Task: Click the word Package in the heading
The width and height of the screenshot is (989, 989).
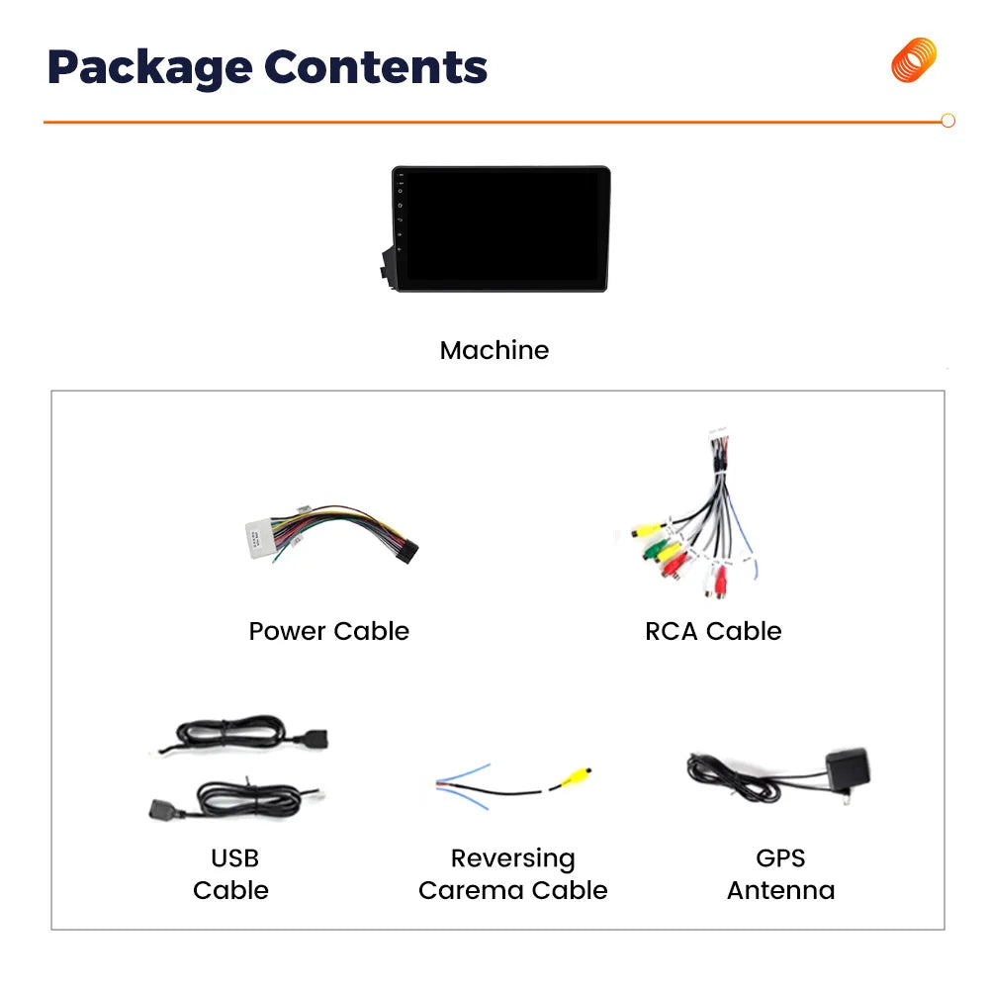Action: pyautogui.click(x=150, y=68)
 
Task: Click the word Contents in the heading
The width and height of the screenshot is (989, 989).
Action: pyautogui.click(x=376, y=66)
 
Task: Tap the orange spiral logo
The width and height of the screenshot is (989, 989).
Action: pyautogui.click(x=914, y=60)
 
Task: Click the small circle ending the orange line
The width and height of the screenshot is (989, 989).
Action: pyautogui.click(x=947, y=121)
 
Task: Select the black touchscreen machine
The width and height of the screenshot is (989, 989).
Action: pyautogui.click(x=496, y=228)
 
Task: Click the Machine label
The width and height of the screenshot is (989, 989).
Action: pyautogui.click(x=494, y=350)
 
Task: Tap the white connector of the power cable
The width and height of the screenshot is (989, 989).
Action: pyautogui.click(x=259, y=539)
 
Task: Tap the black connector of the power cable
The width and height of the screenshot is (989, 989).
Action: pyautogui.click(x=405, y=551)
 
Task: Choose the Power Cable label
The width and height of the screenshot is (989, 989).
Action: pyautogui.click(x=328, y=631)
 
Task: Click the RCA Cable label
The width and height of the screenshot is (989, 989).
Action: pyautogui.click(x=713, y=631)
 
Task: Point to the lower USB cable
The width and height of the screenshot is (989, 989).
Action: pyautogui.click(x=236, y=799)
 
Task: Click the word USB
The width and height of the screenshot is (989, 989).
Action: pyautogui.click(x=234, y=857)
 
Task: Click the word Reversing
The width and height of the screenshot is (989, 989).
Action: pyautogui.click(x=512, y=859)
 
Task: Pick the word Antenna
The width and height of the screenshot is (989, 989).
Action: pyautogui.click(x=781, y=891)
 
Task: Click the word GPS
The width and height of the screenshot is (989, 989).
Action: pyautogui.click(x=780, y=857)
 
